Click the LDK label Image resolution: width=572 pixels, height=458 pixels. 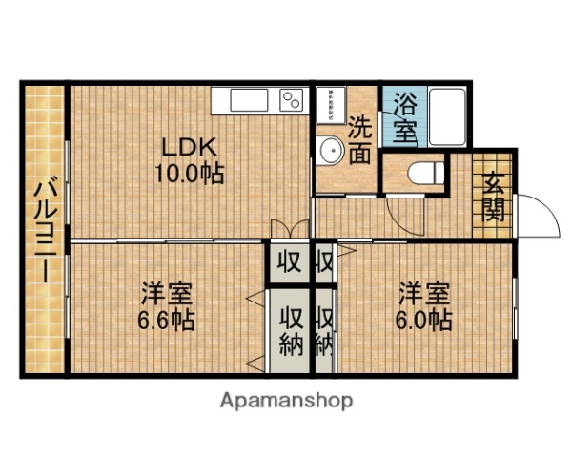pos(190,149)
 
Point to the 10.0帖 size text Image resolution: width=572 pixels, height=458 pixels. pos(190,175)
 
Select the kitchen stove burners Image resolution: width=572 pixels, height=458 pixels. pos(290,99)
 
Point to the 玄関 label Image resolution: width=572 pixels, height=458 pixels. pos(493,196)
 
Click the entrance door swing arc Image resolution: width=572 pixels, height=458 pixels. pos(541,215)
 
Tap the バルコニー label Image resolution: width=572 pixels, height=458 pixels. pos(41,229)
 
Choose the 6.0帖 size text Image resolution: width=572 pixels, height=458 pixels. pos(425,320)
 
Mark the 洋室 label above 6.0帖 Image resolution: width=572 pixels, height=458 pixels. pos(425,291)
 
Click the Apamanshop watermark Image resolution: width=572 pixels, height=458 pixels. pos(286,401)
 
